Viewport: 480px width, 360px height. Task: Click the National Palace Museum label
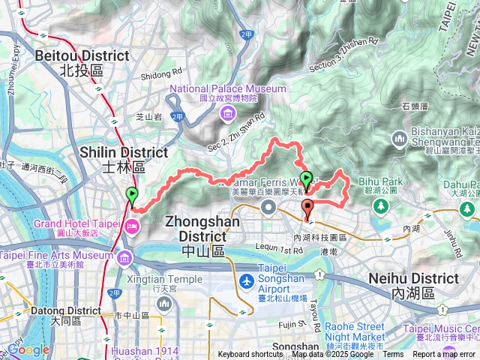point(228,88)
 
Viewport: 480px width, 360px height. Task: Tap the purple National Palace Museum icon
point(226,114)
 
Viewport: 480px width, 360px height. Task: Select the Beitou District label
point(82,56)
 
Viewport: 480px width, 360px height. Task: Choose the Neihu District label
point(413,278)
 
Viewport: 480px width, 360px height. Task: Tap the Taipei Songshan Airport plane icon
point(245,280)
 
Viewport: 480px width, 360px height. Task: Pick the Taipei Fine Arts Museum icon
point(121,258)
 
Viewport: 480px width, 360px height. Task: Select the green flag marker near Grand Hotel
point(133,196)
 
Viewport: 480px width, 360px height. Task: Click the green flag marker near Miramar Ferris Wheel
point(306,179)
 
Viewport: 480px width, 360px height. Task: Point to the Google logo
point(28,350)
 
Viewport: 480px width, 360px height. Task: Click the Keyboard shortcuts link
point(250,355)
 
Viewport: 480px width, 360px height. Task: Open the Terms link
point(393,355)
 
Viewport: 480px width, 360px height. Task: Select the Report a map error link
point(444,355)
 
